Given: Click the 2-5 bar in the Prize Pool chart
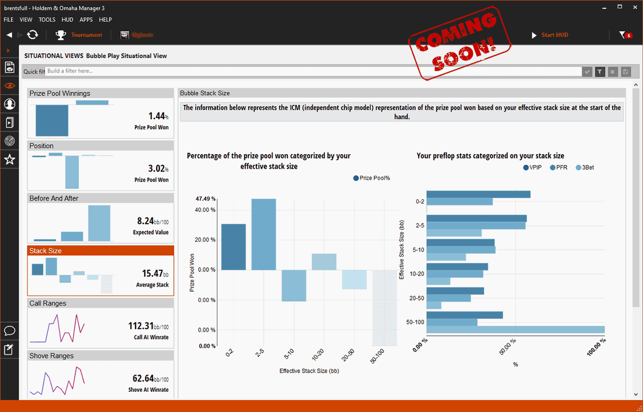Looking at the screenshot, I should pyautogui.click(x=264, y=234).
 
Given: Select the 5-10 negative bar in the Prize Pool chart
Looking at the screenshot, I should pyautogui.click(x=294, y=285).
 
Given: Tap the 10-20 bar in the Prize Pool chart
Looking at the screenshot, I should pyautogui.click(x=324, y=262).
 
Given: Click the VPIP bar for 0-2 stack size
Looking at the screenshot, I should pyautogui.click(x=478, y=194).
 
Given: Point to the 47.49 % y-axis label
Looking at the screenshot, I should pyautogui.click(x=206, y=199).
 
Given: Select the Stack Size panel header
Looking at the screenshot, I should pyautogui.click(x=101, y=251).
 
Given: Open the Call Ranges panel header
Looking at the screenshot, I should pyautogui.click(x=101, y=303).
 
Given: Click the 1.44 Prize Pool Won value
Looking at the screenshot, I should pyautogui.click(x=150, y=116).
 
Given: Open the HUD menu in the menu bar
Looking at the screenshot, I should pyautogui.click(x=67, y=20).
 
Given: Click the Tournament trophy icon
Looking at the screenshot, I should pyautogui.click(x=61, y=35).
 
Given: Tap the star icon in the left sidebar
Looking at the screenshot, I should pyautogui.click(x=9, y=160).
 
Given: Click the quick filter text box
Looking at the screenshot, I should pyautogui.click(x=311, y=71).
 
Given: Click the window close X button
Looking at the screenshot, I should pyautogui.click(x=634, y=7).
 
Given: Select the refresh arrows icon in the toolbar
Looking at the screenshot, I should pyautogui.click(x=32, y=35).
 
